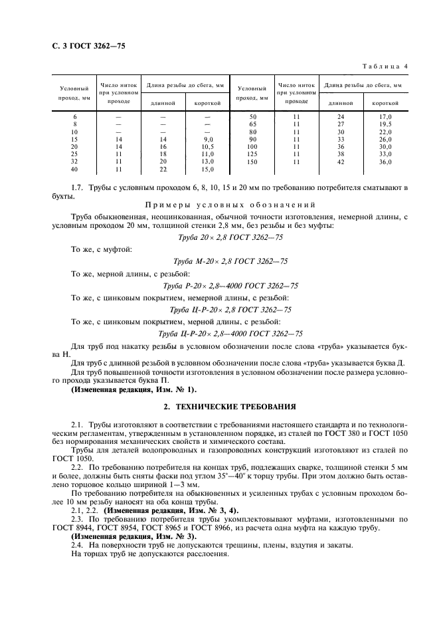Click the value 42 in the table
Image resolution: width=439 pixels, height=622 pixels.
click(341, 161)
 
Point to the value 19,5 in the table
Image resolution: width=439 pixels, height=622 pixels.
click(385, 124)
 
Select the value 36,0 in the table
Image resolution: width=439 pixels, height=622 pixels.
click(385, 161)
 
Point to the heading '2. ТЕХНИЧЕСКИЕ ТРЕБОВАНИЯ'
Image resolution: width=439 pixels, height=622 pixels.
click(220, 406)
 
